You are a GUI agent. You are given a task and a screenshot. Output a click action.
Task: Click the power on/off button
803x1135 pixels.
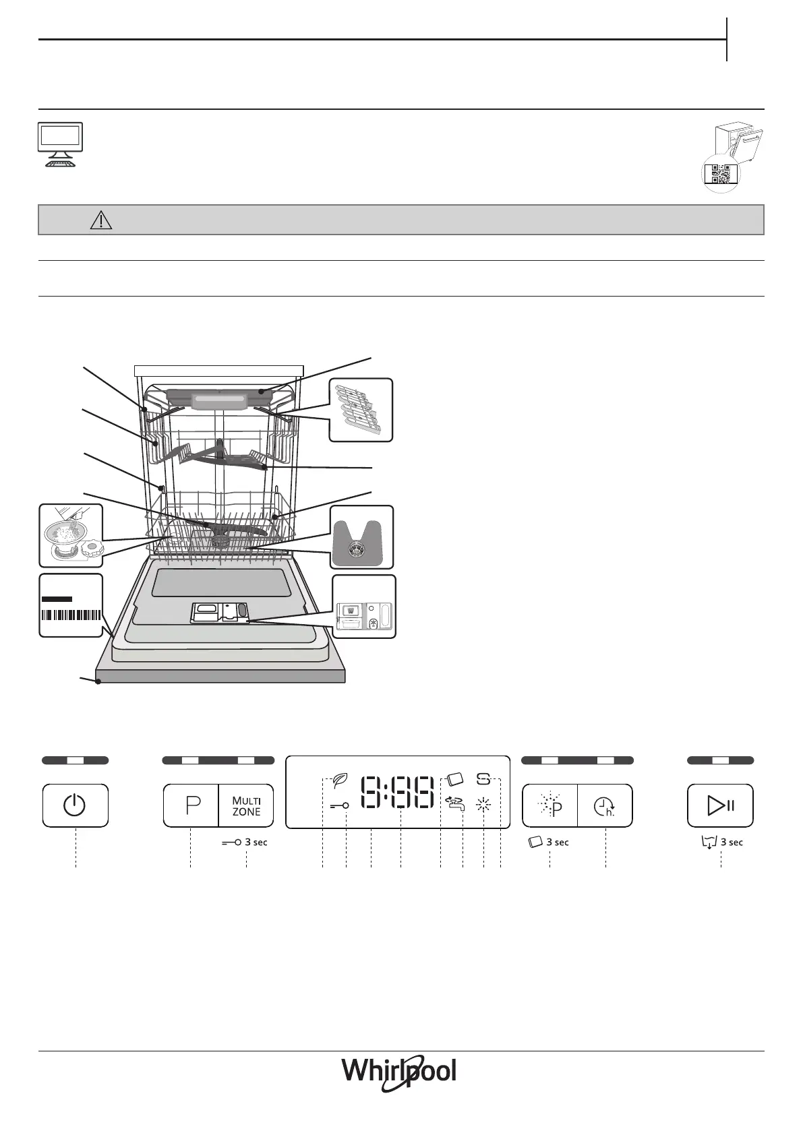[75, 805]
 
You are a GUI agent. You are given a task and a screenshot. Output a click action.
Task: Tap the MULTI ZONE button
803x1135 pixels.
[246, 805]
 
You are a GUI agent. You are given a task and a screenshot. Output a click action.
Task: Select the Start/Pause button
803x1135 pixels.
[720, 805]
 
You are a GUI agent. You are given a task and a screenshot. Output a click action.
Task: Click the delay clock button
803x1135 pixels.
[605, 805]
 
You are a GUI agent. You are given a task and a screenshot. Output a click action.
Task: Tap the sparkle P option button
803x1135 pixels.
[550, 805]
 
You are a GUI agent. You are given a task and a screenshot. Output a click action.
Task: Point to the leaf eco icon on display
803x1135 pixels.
[340, 781]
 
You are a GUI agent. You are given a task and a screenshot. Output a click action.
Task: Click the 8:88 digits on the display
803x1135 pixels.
[397, 792]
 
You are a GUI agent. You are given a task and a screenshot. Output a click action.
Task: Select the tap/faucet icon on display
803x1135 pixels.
[454, 803]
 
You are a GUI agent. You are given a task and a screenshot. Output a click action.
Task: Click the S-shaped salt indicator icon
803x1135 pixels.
[483, 779]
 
